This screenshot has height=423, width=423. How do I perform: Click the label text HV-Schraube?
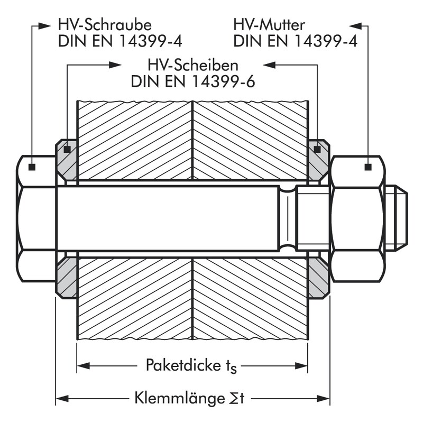105,25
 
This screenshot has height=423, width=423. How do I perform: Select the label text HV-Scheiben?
193,66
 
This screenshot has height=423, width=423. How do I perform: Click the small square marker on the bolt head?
32,167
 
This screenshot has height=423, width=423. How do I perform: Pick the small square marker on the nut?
367,167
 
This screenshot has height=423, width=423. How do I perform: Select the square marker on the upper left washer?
67,150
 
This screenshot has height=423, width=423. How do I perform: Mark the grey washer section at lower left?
67,278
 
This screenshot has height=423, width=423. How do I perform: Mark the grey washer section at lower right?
318,278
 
